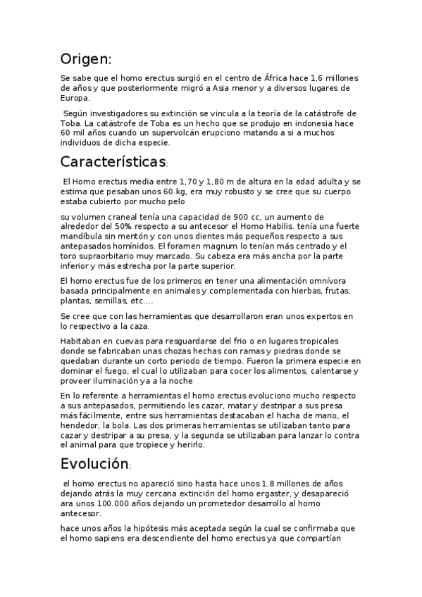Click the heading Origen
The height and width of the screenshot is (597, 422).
[x=85, y=58]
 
